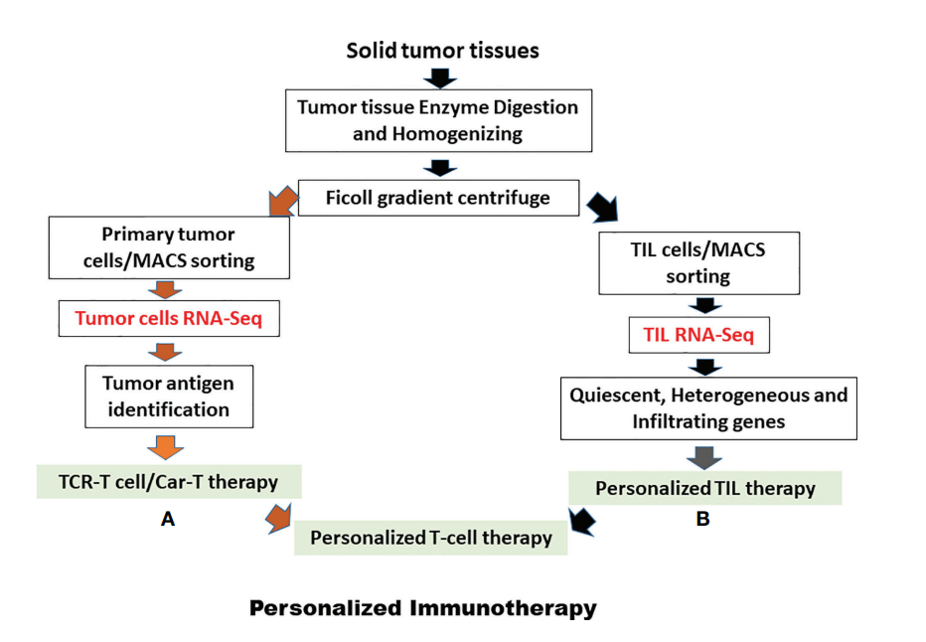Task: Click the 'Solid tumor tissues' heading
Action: click(x=442, y=51)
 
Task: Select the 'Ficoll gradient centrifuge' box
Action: click(x=438, y=198)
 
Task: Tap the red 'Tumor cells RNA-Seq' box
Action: click(x=169, y=318)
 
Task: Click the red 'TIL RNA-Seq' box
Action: click(x=698, y=335)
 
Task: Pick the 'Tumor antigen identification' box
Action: click(x=169, y=397)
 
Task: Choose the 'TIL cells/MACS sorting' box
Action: click(x=698, y=262)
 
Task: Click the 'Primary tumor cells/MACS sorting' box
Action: click(x=169, y=247)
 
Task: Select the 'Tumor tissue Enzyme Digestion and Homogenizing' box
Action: click(x=438, y=120)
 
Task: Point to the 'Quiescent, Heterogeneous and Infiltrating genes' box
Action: click(x=708, y=408)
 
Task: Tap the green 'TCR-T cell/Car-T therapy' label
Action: click(x=169, y=482)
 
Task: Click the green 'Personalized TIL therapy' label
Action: click(x=705, y=488)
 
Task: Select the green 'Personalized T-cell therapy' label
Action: click(x=431, y=538)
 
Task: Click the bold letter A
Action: click(x=168, y=519)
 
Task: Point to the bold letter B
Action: click(x=702, y=519)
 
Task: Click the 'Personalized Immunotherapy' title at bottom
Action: click(x=423, y=608)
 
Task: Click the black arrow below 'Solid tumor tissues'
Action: click(x=440, y=79)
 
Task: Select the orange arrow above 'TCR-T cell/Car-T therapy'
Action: click(x=165, y=447)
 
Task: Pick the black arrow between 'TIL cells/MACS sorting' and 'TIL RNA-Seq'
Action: click(x=705, y=305)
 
